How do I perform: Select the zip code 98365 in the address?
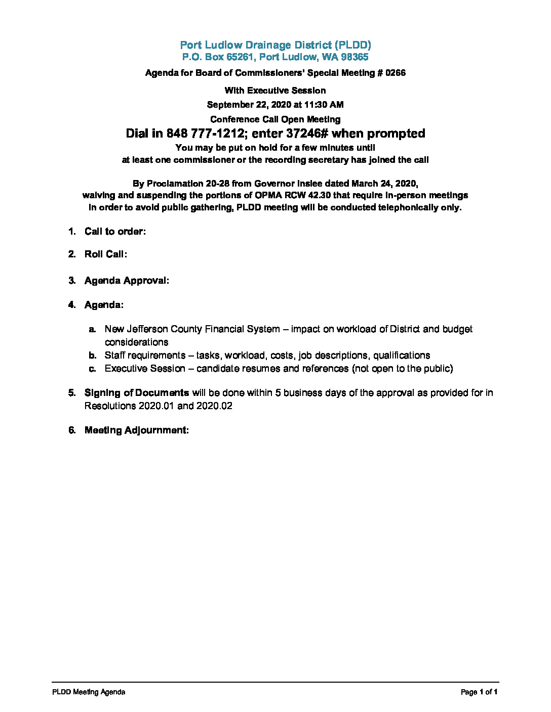355,57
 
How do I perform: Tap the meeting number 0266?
396,73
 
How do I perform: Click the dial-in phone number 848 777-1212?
206,133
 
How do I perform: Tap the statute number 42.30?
319,195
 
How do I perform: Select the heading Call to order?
115,232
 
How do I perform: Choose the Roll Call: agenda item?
105,254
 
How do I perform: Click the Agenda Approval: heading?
127,281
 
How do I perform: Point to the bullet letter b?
93,355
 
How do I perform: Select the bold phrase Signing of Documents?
137,393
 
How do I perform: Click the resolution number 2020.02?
214,406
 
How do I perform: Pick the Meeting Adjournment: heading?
136,430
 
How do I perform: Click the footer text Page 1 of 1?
479,692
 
